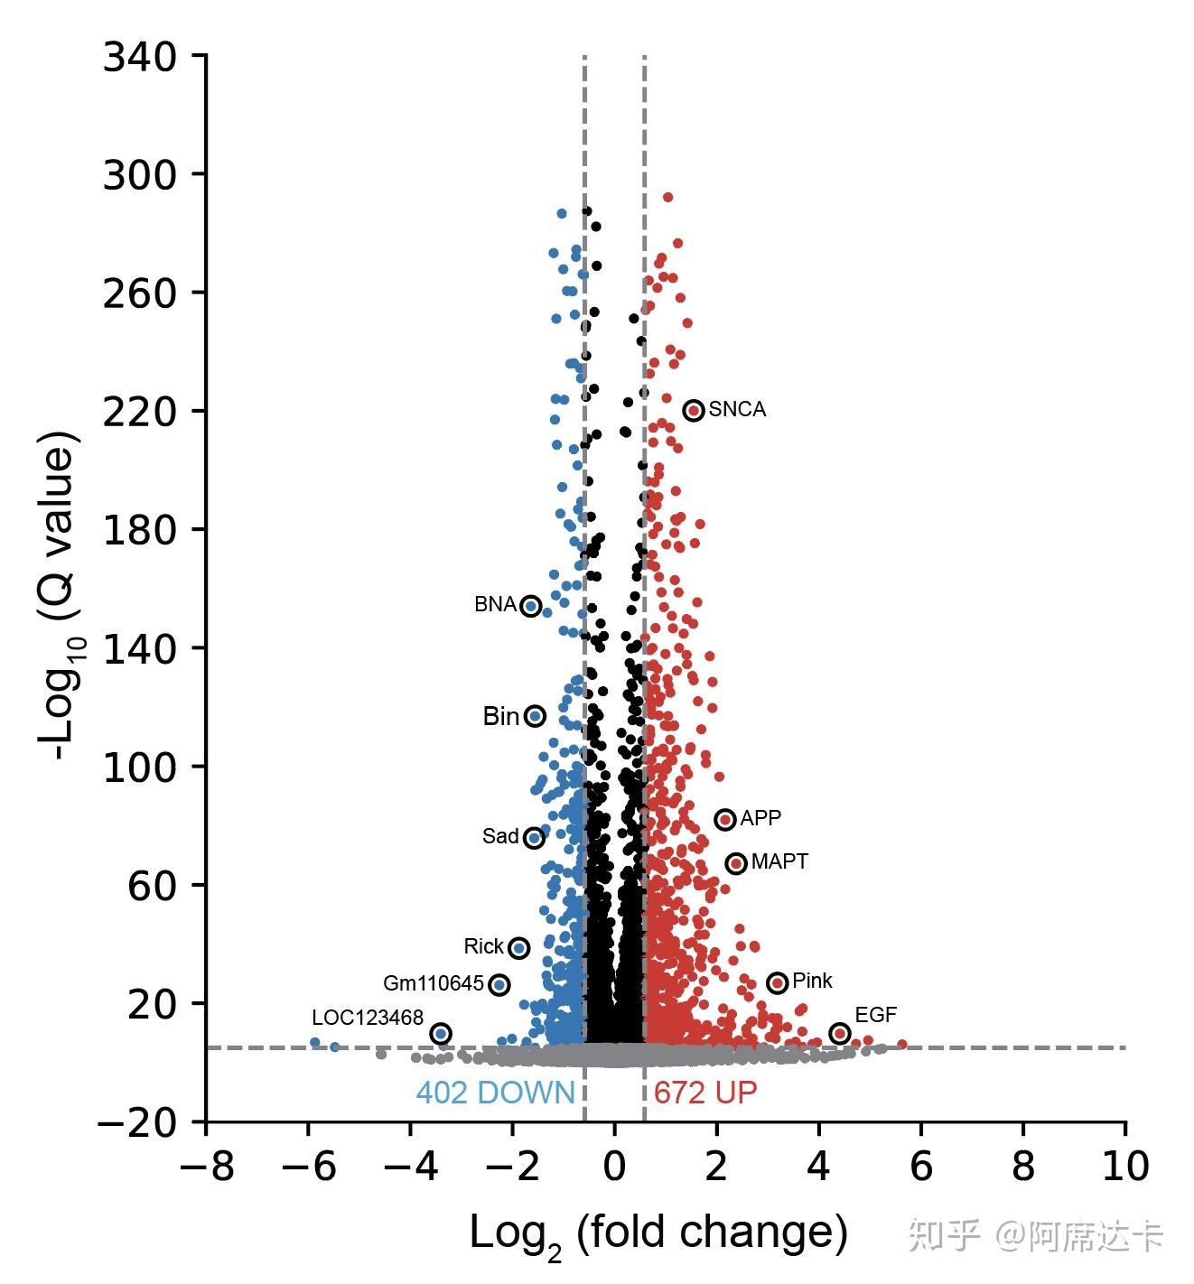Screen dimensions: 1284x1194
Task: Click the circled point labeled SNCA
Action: [x=694, y=410]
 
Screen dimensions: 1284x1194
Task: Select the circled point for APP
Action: [x=725, y=819]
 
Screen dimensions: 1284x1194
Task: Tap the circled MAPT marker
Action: [x=736, y=863]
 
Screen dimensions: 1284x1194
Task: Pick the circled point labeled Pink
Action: [x=778, y=982]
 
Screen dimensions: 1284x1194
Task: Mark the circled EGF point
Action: [x=840, y=1033]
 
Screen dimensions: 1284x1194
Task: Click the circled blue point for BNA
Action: [x=531, y=606]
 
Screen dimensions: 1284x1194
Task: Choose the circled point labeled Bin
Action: [x=536, y=716]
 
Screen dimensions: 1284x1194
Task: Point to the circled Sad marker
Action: [x=535, y=838]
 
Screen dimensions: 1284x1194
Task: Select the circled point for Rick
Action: [x=518, y=947]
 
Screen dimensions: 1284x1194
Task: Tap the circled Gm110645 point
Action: [x=499, y=984]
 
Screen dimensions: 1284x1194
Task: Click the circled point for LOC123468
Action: [x=441, y=1033]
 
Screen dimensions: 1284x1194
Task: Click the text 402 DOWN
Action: [x=495, y=1093]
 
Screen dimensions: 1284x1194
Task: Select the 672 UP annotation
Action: [x=705, y=1093]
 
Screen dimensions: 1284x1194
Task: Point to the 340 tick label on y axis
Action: [x=139, y=57]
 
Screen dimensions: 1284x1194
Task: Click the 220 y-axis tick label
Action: [x=139, y=412]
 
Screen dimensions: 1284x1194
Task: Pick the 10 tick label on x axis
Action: [x=1125, y=1167]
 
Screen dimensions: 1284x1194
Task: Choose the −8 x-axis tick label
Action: [x=207, y=1167]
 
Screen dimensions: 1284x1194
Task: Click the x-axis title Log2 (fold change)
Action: [x=658, y=1233]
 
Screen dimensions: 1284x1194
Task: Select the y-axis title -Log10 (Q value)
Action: [x=60, y=596]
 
